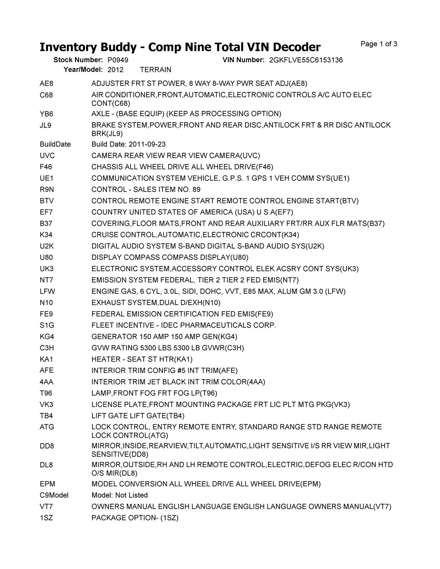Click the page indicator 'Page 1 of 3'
pos(379,44)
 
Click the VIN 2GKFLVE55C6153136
pos(306,60)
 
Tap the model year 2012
pos(115,70)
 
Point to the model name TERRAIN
pos(156,70)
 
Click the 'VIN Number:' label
pos(243,60)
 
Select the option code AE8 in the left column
pos(46,83)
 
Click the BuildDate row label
pos(55,144)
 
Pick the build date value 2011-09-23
pos(147,144)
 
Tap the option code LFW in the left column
pos(47,292)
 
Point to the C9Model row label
pos(54,495)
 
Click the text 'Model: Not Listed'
pos(120,495)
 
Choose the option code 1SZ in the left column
pos(46,518)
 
